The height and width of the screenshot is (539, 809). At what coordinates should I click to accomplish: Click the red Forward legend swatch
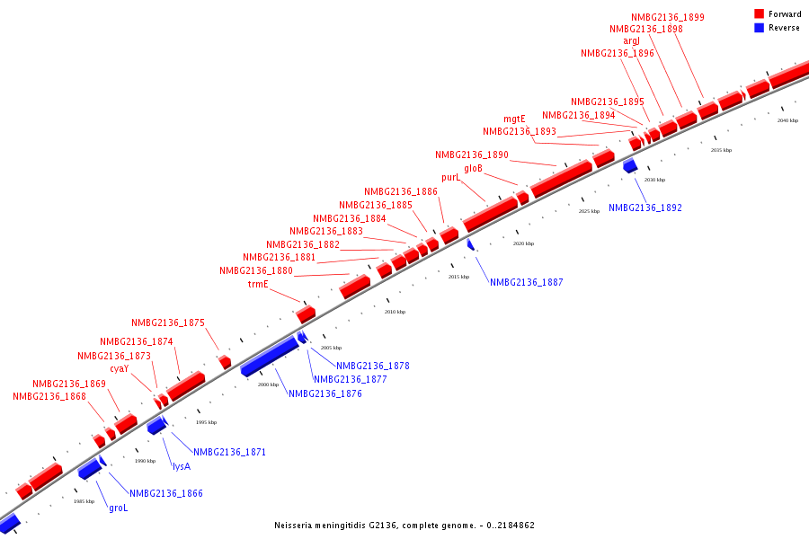(760, 14)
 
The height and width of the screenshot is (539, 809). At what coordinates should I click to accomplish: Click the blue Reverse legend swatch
(760, 28)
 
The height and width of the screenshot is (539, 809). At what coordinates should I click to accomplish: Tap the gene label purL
(450, 178)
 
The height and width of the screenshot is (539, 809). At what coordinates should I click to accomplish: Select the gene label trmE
(258, 284)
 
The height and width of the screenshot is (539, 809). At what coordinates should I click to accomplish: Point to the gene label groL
(119, 508)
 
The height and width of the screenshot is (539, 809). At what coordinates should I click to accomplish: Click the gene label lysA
(182, 466)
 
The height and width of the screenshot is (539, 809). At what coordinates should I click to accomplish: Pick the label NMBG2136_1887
(527, 282)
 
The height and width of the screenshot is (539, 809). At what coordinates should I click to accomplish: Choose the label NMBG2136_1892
(645, 208)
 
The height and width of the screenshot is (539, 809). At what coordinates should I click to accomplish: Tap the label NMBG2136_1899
(668, 17)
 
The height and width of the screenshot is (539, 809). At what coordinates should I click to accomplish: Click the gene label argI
(632, 41)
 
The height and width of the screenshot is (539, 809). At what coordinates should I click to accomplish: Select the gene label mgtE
(514, 119)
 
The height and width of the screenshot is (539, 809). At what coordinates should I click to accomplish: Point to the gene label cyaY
(120, 368)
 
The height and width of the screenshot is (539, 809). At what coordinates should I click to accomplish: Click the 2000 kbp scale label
(269, 384)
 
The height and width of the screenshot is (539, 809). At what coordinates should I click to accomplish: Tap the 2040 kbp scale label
(787, 120)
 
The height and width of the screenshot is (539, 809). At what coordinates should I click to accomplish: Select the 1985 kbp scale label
(84, 501)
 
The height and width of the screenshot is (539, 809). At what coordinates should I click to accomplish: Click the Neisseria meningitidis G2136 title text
(404, 525)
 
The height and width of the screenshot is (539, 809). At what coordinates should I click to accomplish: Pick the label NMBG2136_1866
(166, 493)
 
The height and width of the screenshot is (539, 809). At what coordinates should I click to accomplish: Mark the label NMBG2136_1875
(168, 323)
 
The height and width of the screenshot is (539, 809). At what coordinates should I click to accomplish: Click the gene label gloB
(474, 168)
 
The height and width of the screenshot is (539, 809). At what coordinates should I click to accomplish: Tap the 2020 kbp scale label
(523, 243)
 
